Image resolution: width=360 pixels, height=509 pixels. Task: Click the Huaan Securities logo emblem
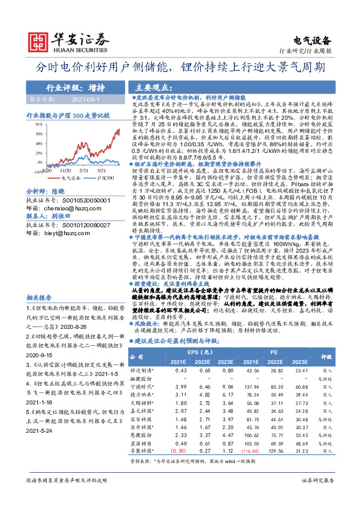tap(38, 37)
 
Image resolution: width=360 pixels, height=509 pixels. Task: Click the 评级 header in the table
tap(343, 356)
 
